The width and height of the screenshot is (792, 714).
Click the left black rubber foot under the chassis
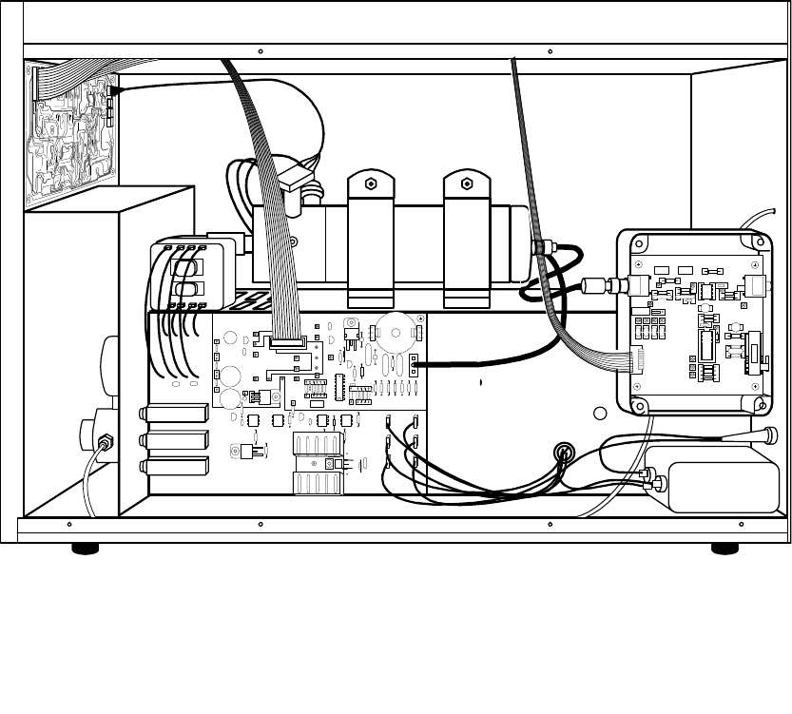point(86,548)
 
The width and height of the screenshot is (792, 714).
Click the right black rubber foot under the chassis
point(725,548)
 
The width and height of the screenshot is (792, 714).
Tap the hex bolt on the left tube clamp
point(371,182)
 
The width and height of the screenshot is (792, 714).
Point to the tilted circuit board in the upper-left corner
point(71,133)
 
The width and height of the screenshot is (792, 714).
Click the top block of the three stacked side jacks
point(176,413)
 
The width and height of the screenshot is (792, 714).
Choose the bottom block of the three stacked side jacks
point(176,467)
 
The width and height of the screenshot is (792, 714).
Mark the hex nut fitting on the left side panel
point(106,441)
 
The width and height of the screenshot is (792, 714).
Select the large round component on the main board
point(394,328)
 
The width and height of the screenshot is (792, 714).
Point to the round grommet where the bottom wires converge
point(565,453)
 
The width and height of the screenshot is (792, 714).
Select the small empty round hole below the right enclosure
point(600,414)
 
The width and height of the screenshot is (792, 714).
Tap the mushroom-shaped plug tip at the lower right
point(765,434)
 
